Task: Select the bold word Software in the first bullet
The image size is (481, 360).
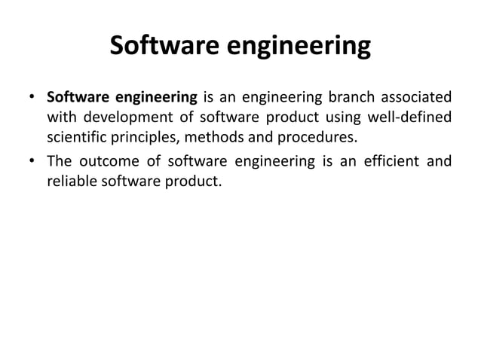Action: tap(76, 98)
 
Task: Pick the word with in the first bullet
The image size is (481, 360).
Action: tap(61, 118)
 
